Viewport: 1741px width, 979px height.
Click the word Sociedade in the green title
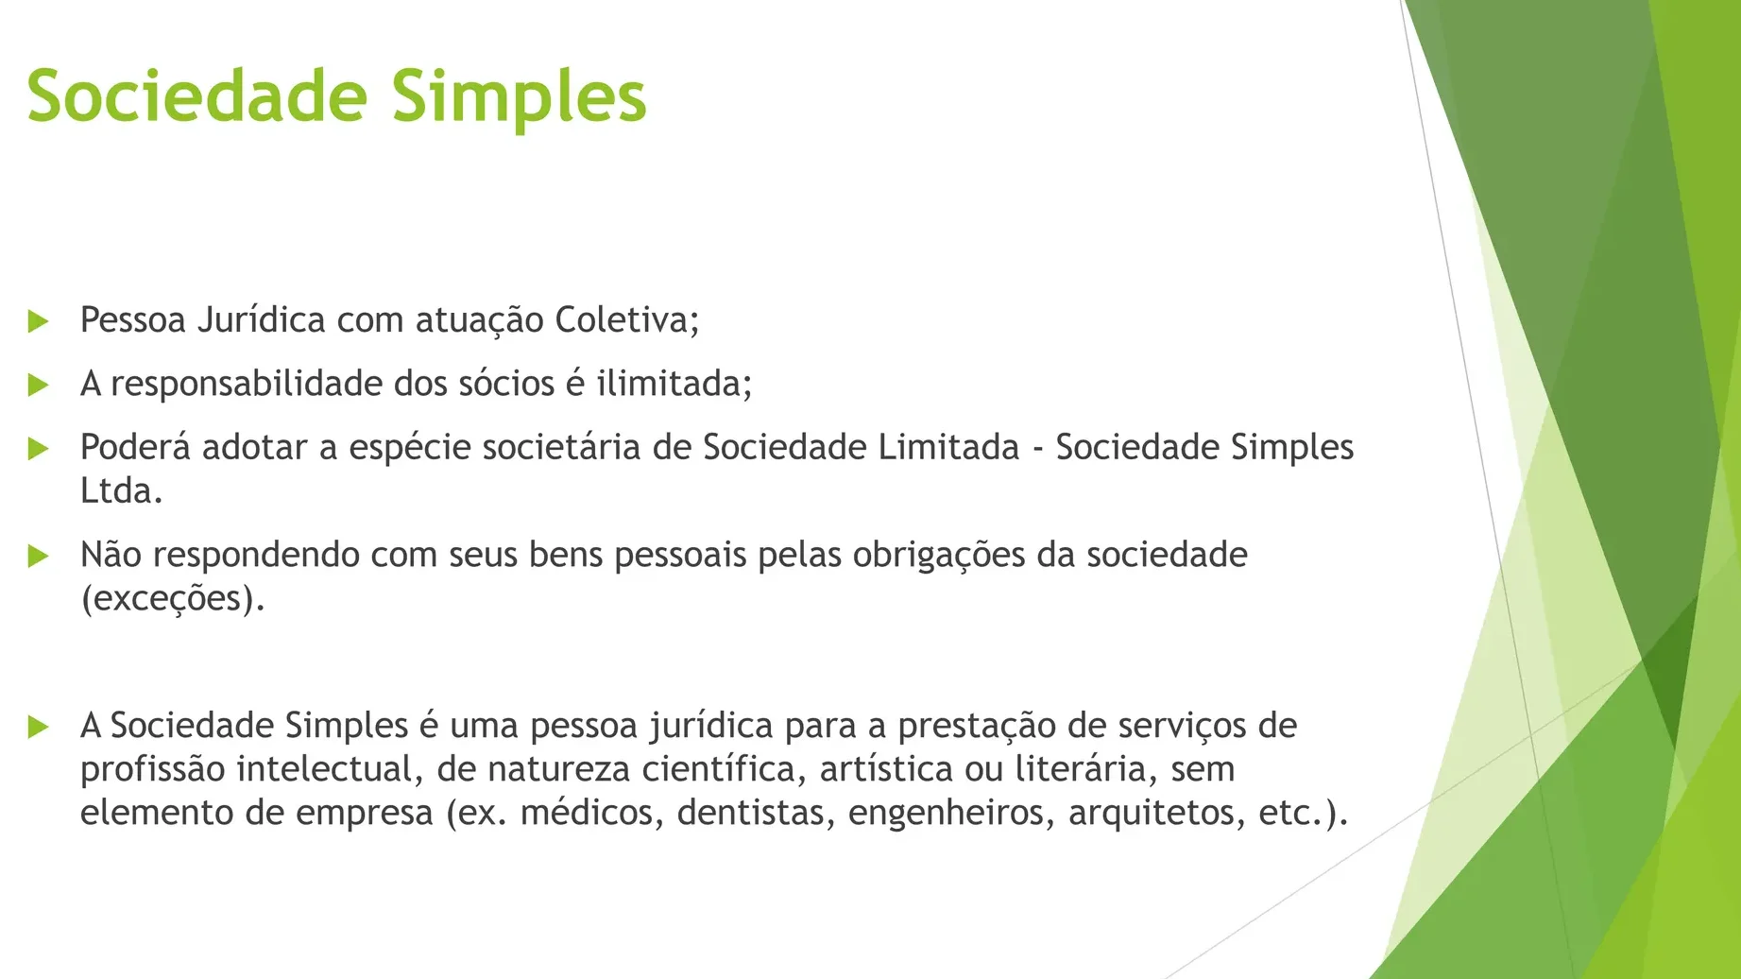(x=196, y=96)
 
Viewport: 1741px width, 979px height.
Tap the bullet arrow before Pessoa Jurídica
(x=39, y=321)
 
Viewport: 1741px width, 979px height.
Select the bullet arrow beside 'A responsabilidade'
(x=39, y=385)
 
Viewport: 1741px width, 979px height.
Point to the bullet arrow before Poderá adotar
(x=39, y=448)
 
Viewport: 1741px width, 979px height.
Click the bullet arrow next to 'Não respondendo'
(x=39, y=556)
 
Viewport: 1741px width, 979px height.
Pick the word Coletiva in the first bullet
(x=626, y=320)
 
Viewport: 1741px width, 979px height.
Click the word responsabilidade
(x=247, y=385)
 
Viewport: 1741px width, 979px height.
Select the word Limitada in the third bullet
(x=948, y=447)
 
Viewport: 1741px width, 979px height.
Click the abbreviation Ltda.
(x=121, y=490)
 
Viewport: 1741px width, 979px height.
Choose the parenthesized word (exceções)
(x=172, y=599)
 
